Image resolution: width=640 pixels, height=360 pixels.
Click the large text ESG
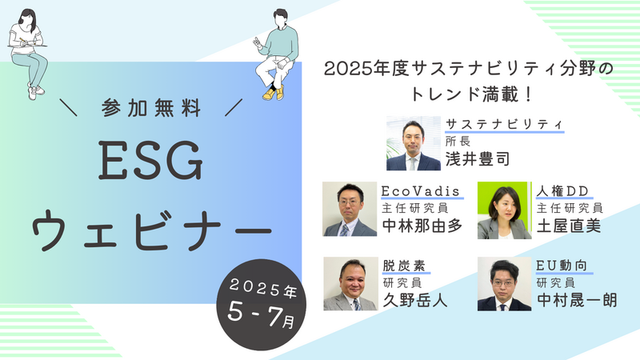[150, 161]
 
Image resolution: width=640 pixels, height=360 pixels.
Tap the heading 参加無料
[151, 108]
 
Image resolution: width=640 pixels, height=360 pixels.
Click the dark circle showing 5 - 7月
[262, 305]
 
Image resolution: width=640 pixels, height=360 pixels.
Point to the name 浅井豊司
[477, 159]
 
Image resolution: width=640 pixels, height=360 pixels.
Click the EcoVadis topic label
[421, 191]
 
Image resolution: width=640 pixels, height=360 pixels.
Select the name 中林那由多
[422, 226]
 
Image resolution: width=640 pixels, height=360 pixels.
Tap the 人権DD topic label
[562, 191]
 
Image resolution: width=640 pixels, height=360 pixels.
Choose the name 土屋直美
[569, 226]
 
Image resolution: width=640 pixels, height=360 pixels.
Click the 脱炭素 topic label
[404, 266]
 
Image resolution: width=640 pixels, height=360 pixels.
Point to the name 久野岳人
[414, 301]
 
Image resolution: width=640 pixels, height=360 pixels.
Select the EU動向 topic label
[562, 266]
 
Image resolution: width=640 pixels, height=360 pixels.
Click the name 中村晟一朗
[577, 301]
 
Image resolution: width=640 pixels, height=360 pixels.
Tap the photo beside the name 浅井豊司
[414, 143]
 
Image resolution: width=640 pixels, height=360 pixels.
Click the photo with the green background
[505, 210]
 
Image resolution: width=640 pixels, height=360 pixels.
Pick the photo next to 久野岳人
[350, 284]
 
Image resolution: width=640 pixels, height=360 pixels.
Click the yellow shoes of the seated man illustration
[274, 94]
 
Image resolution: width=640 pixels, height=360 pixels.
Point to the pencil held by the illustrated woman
[22, 40]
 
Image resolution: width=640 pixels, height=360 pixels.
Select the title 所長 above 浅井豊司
[458, 142]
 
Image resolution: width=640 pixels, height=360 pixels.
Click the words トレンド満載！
[470, 94]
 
